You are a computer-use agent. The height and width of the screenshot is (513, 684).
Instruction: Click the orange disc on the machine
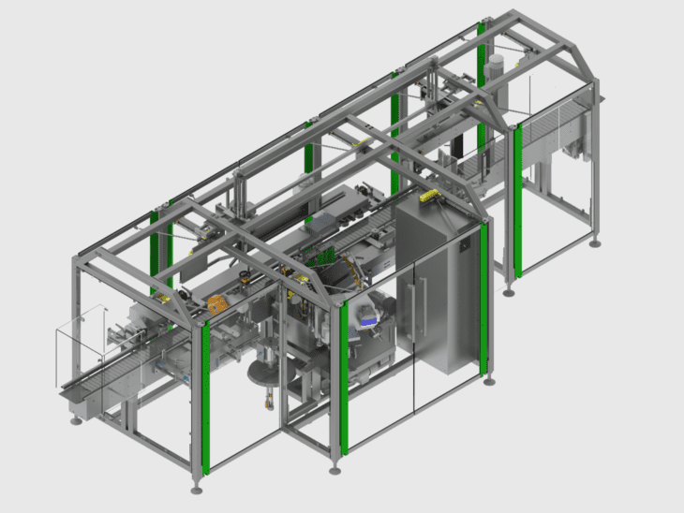217,303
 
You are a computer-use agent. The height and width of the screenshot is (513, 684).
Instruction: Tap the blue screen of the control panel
368,321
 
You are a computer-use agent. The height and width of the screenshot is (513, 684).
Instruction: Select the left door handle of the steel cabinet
410,300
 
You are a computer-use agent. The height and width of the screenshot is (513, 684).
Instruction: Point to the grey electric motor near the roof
496,66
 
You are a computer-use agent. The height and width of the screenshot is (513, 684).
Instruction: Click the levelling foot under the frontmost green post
196,488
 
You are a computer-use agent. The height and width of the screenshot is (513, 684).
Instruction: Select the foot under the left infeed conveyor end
76,419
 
